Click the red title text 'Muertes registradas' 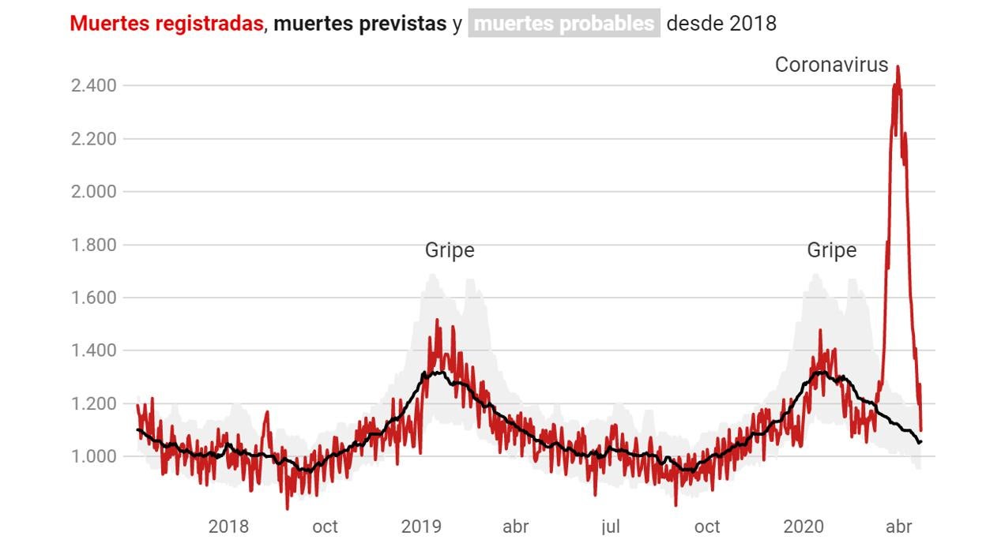[166, 24]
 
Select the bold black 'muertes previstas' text [359, 24]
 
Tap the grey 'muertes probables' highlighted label [564, 24]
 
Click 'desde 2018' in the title [721, 24]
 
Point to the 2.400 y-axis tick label [94, 85]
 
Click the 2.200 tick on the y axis [94, 139]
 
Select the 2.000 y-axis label [94, 192]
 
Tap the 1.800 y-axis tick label [94, 245]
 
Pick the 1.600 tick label [94, 298]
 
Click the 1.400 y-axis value [94, 350]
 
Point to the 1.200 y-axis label [94, 404]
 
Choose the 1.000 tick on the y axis [94, 457]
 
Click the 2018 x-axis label [228, 527]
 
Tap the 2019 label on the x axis [421, 527]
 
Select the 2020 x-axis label [803, 527]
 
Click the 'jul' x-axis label [610, 527]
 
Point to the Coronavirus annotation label [831, 65]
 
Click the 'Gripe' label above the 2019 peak [450, 250]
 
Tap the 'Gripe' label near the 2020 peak [831, 250]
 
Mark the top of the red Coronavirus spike [898, 68]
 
